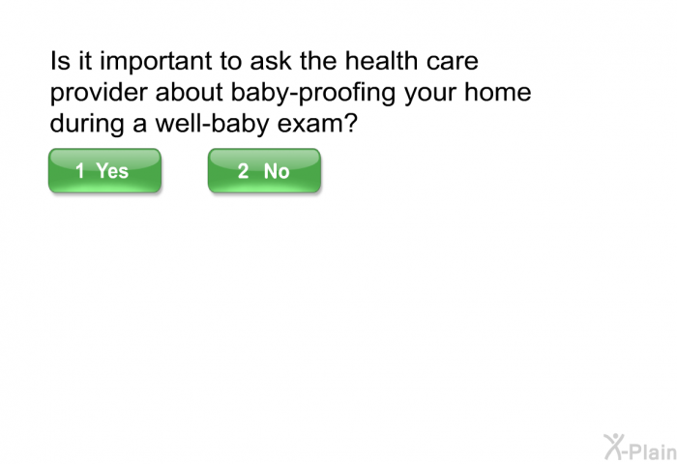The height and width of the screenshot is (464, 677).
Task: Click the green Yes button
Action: click(104, 170)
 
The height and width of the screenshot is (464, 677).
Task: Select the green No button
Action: click(264, 170)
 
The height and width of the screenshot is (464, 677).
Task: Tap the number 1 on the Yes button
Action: click(80, 170)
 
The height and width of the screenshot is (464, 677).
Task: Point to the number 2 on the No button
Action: click(243, 170)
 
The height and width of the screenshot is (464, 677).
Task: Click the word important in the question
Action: click(156, 62)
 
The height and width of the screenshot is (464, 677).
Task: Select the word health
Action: click(381, 61)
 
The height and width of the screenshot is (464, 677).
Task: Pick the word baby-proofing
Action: click(312, 93)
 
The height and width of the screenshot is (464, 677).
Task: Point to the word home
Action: click(497, 92)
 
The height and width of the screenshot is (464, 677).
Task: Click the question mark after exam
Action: click(349, 123)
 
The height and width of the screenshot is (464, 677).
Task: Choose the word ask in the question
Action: click(271, 61)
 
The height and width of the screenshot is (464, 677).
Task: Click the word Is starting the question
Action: click(60, 61)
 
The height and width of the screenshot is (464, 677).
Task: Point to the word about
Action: click(190, 92)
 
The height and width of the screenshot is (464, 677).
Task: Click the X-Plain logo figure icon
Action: click(613, 447)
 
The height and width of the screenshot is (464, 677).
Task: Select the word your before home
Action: click(429, 95)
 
